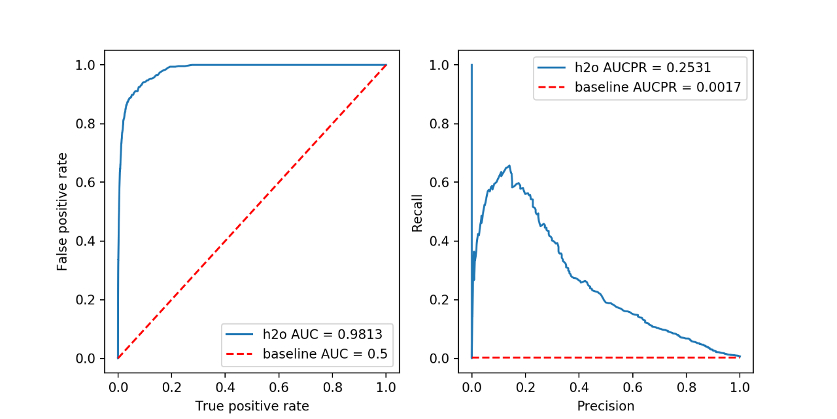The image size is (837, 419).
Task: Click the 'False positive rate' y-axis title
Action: coord(62,211)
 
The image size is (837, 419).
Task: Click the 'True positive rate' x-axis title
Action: coord(252,406)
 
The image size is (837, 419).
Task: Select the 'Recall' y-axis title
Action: coord(417,212)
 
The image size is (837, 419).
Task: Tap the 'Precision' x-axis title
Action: coord(606,406)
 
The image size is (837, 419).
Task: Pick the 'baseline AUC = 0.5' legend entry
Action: coord(325,354)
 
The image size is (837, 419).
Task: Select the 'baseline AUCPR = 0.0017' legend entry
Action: coord(660,87)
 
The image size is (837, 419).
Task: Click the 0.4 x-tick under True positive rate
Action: coord(225,387)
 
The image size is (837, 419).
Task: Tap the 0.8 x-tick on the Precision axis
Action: coord(686,387)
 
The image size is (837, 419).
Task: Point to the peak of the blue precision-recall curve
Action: coord(509,166)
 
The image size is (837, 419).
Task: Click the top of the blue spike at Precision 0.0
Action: coord(471,65)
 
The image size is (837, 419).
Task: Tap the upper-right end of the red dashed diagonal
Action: coord(386,65)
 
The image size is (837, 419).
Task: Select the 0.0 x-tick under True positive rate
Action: coord(118,387)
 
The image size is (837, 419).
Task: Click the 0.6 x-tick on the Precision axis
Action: coord(632,387)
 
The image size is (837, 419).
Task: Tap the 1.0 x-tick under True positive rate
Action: coord(386,387)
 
